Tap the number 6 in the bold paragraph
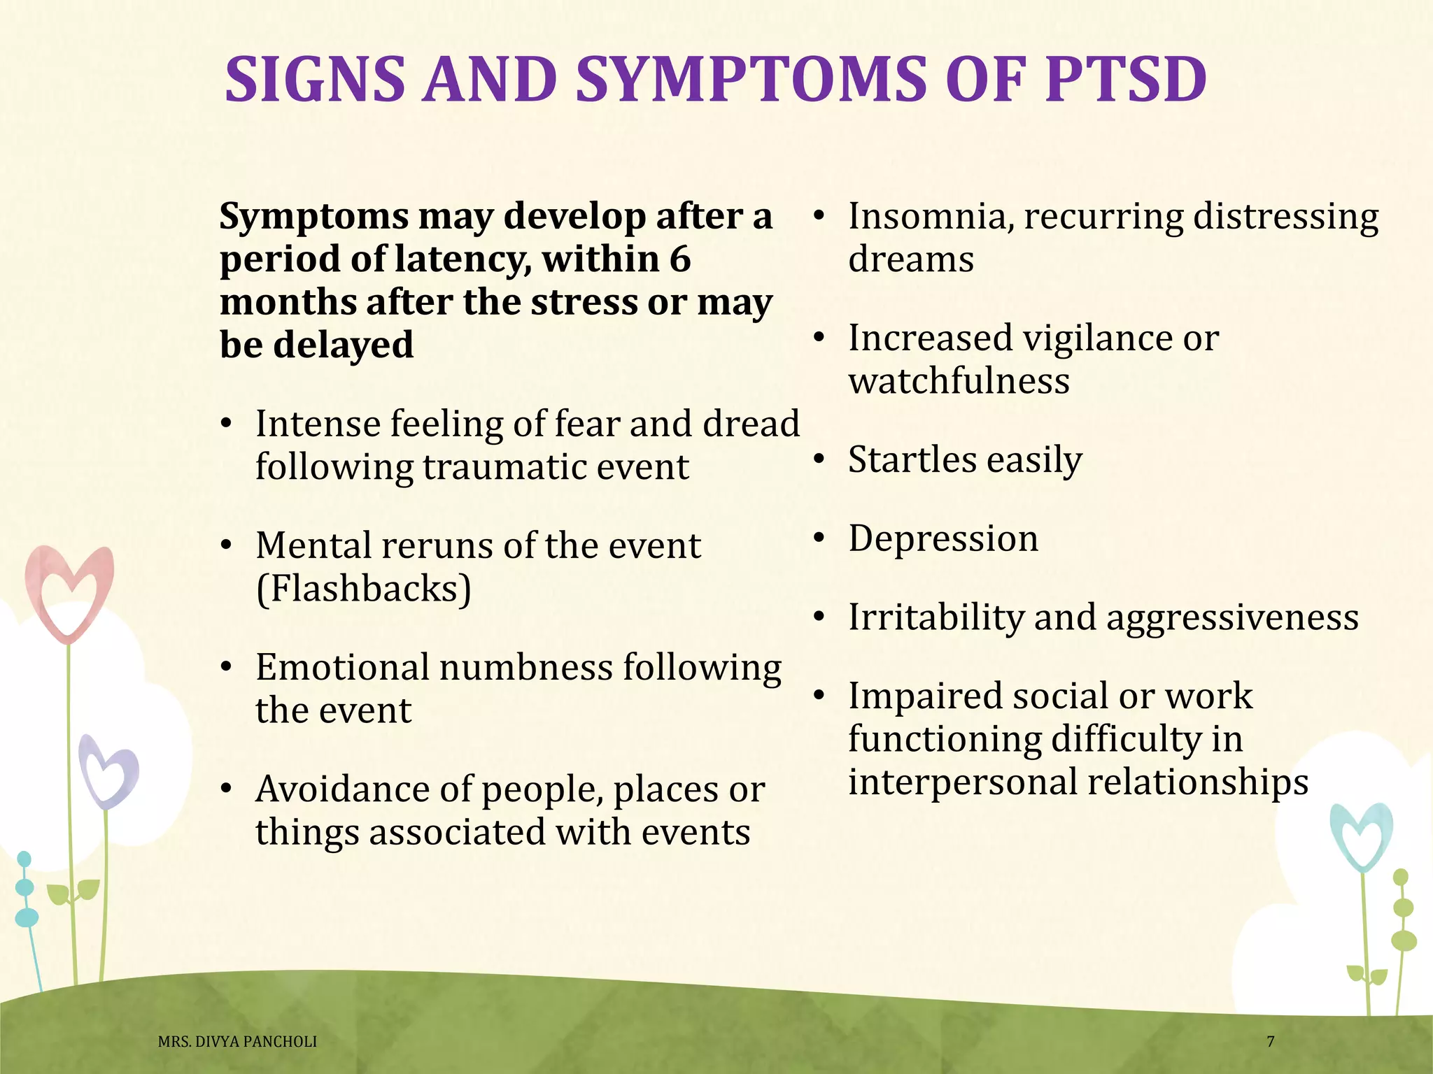coord(679,259)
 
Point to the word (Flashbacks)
coord(364,589)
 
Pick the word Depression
coord(943,539)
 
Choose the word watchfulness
coord(959,382)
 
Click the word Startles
coord(912,460)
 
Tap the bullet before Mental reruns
coord(225,546)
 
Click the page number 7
coord(1271,1042)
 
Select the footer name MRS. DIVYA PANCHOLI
coord(237,1042)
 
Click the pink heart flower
coord(69,592)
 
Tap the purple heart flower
coord(108,773)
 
